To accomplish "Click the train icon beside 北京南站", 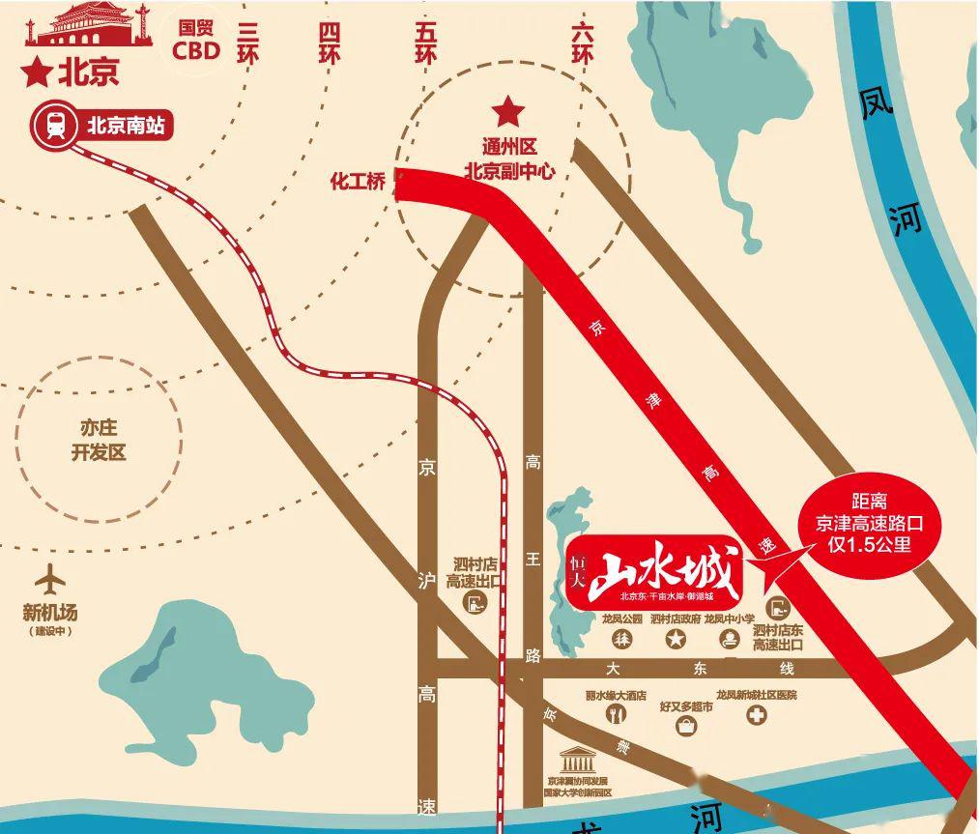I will click(55, 126).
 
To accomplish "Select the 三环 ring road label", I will click(248, 43).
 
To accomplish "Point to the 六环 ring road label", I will click(582, 43).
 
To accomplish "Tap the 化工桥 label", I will click(358, 181).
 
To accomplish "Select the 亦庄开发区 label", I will click(99, 440).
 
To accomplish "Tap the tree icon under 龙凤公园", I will click(623, 639).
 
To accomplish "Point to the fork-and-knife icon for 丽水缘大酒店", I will click(615, 715).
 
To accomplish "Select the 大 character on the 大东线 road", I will click(611, 669).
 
